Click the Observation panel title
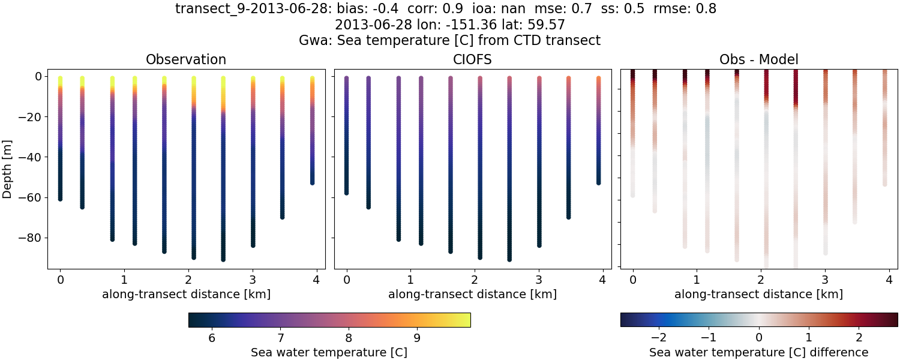tap(186, 59)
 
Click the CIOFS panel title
tap(472, 59)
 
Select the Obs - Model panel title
tap(758, 59)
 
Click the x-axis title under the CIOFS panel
tap(472, 295)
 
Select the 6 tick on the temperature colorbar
tap(211, 338)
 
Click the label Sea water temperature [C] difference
tap(758, 352)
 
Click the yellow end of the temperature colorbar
tap(465, 320)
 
